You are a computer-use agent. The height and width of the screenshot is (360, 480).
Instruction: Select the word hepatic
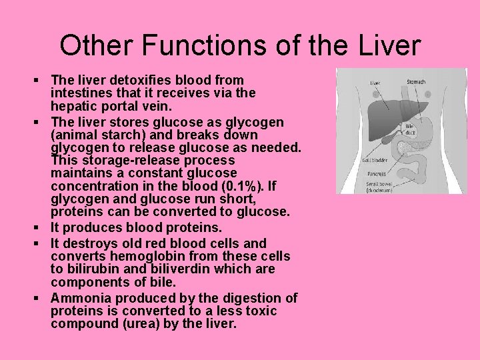(75, 106)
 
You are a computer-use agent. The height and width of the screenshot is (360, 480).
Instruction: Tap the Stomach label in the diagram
(416, 82)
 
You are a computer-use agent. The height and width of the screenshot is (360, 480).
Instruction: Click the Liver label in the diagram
(375, 83)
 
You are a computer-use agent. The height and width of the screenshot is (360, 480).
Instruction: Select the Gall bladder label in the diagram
(375, 160)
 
